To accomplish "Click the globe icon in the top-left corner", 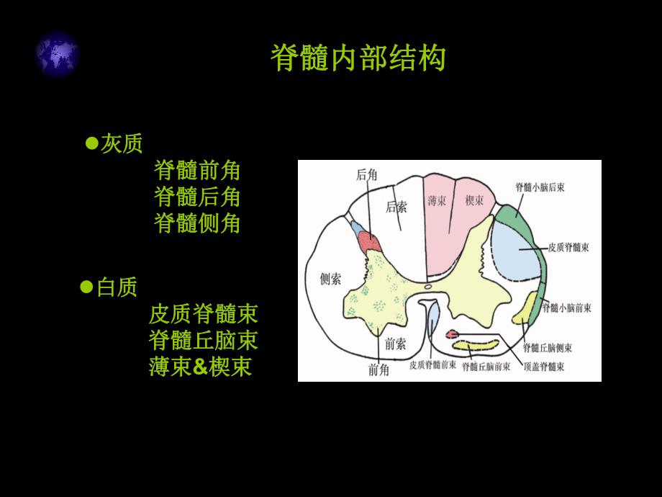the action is pyautogui.click(x=56, y=53).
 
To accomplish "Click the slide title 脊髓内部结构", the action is pyautogui.click(x=358, y=58).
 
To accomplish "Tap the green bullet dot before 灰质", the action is pyautogui.click(x=91, y=143).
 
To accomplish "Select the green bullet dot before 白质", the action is pyautogui.click(x=86, y=287).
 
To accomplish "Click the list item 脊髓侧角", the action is pyautogui.click(x=197, y=223).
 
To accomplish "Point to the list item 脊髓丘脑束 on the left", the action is pyautogui.click(x=203, y=339).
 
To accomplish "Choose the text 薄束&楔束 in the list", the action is pyautogui.click(x=200, y=367).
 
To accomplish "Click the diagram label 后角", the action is pyautogui.click(x=366, y=174).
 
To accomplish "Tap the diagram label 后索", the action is pyautogui.click(x=396, y=207).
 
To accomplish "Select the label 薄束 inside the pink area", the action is pyautogui.click(x=437, y=199).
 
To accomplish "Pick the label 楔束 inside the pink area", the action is pyautogui.click(x=473, y=199).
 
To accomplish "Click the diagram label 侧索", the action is pyautogui.click(x=330, y=279).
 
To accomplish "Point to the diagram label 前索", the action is pyautogui.click(x=396, y=344).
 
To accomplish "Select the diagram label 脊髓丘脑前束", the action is pyautogui.click(x=486, y=367).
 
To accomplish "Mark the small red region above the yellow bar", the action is pyautogui.click(x=453, y=333).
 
